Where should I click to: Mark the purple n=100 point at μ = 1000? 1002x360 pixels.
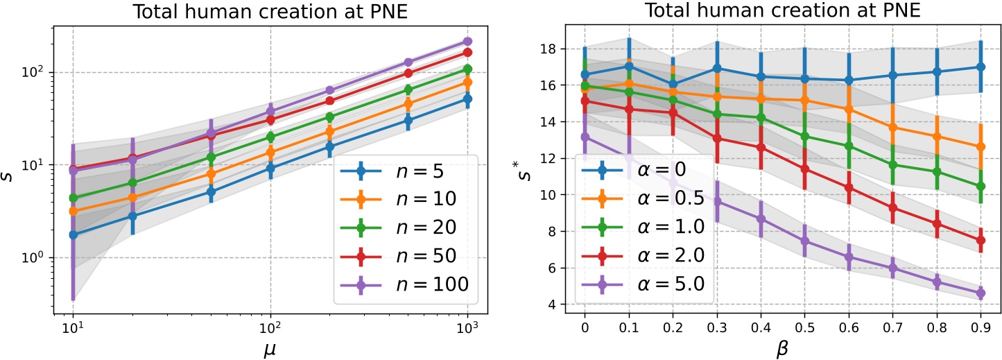point(467,42)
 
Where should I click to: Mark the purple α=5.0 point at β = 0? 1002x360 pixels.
point(585,137)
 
